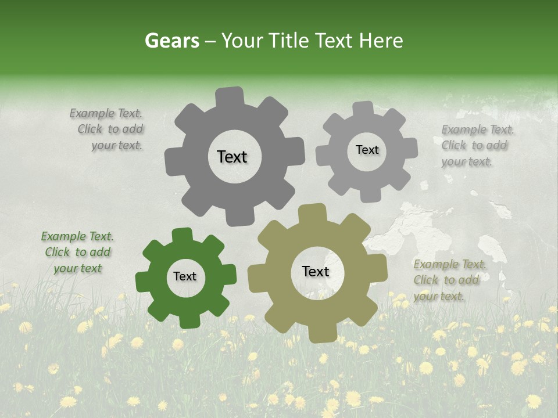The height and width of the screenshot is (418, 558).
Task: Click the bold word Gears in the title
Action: pos(172,41)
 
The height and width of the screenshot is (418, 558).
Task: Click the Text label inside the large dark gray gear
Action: pos(232,157)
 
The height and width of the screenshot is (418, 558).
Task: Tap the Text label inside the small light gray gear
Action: pos(367,150)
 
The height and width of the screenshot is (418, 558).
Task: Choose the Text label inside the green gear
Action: pos(185,276)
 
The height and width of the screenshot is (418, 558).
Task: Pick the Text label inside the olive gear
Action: pos(316,271)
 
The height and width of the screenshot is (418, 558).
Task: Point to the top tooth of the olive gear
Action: pos(312,213)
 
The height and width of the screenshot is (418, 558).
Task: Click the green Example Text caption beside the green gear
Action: pos(77,252)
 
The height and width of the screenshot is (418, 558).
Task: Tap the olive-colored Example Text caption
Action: pos(449,280)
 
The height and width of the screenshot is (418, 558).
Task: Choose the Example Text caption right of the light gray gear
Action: pos(478,145)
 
